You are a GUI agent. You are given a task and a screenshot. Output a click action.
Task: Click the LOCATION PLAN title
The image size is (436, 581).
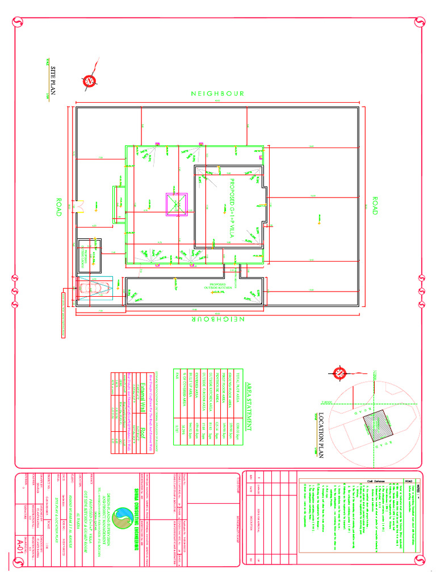pos(321,435)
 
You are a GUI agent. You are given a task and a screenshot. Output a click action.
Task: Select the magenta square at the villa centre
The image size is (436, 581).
pos(177,204)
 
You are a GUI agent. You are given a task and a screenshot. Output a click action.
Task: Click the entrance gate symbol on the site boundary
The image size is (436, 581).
pos(79,207)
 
